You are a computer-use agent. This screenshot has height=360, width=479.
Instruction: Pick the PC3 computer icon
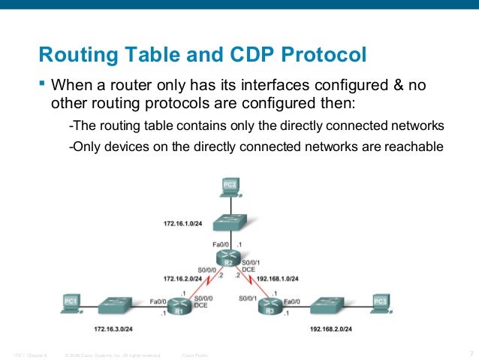pos(381,302)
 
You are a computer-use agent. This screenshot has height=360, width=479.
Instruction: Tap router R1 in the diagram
pos(179,307)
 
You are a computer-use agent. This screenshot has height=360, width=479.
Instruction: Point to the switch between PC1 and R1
pos(116,304)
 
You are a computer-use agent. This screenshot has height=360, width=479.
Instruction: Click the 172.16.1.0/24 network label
pos(182,224)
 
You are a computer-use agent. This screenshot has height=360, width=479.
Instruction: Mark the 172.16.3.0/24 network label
pos(113,329)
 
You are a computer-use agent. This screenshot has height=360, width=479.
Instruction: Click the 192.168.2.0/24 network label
pos(331,329)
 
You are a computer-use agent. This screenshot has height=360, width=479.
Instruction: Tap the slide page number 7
pos(469,353)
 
